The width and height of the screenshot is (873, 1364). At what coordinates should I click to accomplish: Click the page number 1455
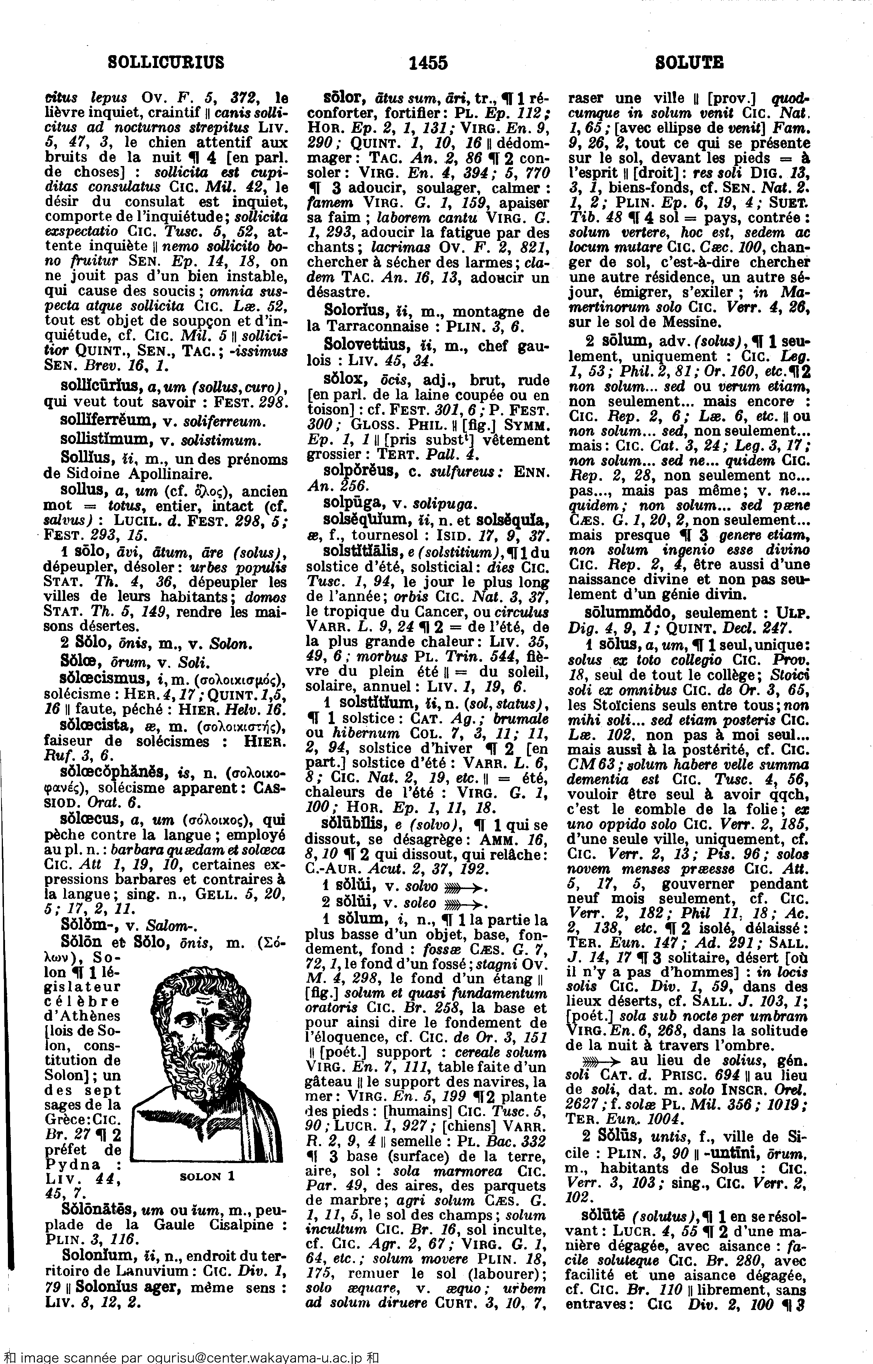tap(428, 62)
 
